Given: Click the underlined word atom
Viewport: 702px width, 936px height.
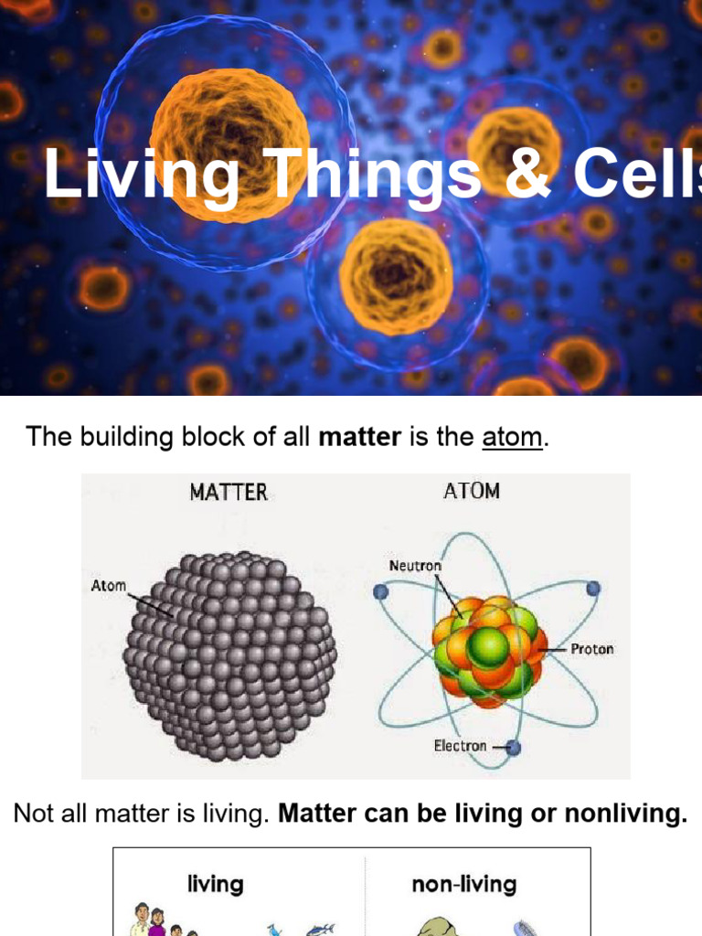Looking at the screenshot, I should (x=512, y=437).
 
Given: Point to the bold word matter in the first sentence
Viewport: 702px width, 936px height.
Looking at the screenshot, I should (x=359, y=437).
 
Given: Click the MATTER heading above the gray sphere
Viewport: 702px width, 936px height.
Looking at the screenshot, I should (x=229, y=492).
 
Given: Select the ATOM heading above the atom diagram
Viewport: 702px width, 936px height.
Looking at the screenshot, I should (x=472, y=491).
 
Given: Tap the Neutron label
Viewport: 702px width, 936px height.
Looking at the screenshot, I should (x=415, y=566).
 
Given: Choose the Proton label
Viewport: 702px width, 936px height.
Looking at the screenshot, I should (x=591, y=649).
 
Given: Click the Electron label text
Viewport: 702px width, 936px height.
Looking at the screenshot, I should (x=460, y=746).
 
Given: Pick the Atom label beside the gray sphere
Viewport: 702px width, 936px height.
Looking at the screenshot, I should (x=109, y=585).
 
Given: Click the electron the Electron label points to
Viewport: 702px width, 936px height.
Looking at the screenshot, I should (x=513, y=748).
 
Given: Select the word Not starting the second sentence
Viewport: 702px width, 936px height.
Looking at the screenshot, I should (x=33, y=814).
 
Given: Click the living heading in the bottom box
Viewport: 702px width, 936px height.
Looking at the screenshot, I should (x=216, y=884).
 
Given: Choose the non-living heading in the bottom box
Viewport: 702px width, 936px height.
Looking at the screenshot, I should (x=464, y=884).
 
